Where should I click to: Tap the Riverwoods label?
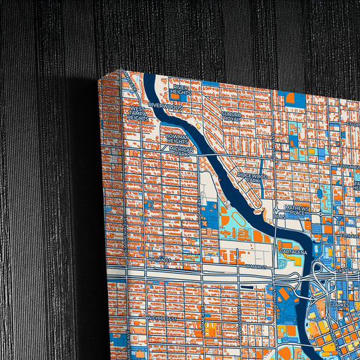pos(166,106)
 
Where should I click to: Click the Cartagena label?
pos(293,252)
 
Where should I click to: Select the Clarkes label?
pos(337,305)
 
